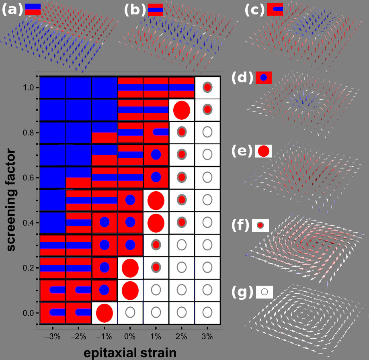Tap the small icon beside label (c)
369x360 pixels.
(275, 9)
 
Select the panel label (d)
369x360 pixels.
(242, 78)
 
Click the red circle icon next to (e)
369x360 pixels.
(264, 151)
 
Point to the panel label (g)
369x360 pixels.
(242, 292)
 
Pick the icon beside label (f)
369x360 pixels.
(260, 225)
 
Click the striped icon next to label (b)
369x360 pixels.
(155, 10)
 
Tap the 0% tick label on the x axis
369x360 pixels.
(129, 336)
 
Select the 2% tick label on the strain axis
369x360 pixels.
(181, 336)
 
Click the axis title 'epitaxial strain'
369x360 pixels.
(130, 352)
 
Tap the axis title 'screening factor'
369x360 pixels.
(11, 200)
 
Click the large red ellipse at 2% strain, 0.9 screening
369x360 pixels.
(181, 110)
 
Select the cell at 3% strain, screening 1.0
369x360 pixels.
(207, 87)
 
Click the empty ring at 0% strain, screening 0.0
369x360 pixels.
(130, 312)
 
